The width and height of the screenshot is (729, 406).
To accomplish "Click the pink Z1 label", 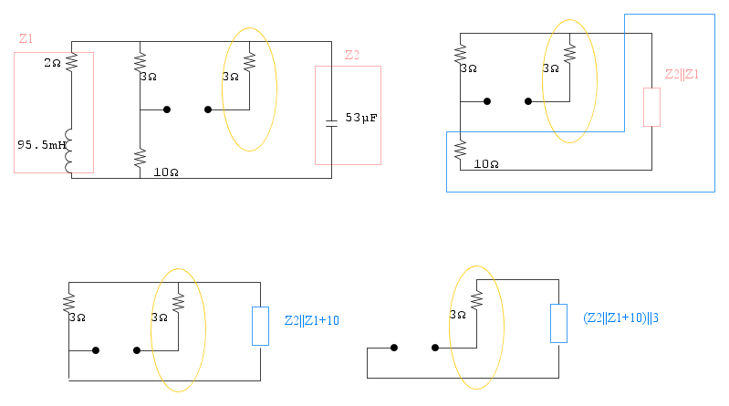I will click(x=26, y=39).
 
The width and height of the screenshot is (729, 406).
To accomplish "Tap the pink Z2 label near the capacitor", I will click(x=351, y=55).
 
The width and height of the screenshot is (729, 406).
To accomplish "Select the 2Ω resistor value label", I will click(x=52, y=63).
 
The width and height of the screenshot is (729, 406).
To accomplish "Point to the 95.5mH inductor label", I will click(x=39, y=144).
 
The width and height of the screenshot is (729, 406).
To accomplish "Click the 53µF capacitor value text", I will click(x=361, y=119).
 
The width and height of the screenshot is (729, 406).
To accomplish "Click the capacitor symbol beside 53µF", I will click(x=331, y=120).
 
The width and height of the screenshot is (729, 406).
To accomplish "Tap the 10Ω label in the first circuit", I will click(x=166, y=172).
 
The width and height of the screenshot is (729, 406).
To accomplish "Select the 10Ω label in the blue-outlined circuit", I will click(x=486, y=164).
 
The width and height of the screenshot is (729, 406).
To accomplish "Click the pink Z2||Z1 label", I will click(x=681, y=74).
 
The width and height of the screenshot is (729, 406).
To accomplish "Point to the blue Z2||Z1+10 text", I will click(x=312, y=320).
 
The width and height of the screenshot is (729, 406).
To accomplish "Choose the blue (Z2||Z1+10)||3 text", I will click(x=620, y=318).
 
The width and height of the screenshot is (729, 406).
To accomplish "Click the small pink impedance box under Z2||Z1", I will click(x=651, y=107).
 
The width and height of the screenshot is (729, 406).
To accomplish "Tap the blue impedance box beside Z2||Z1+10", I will click(x=261, y=327).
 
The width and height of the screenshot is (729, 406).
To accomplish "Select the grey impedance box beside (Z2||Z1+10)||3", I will click(x=558, y=324).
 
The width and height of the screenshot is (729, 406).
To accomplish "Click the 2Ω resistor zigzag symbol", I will click(x=71, y=62).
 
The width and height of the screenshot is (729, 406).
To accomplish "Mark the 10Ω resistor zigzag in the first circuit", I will click(x=140, y=159).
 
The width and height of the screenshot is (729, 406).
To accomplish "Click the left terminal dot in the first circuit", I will click(x=167, y=109).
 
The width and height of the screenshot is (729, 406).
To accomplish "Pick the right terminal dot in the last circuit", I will click(x=435, y=348).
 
